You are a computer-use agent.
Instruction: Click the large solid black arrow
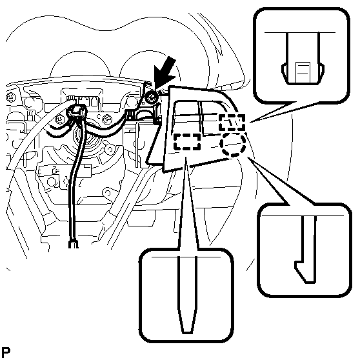pyautogui.click(x=165, y=73)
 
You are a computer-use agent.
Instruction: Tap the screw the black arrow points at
pyautogui.click(x=151, y=97)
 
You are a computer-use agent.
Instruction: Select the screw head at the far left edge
pyautogui.click(x=10, y=97)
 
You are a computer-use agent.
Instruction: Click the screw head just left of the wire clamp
pyautogui.click(x=60, y=119)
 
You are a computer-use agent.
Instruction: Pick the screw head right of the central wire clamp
pyautogui.click(x=106, y=119)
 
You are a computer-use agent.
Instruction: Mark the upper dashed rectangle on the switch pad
pyautogui.click(x=232, y=123)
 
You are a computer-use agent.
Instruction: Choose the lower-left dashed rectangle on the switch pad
pyautogui.click(x=187, y=141)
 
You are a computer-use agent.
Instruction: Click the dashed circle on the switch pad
pyautogui.click(x=233, y=144)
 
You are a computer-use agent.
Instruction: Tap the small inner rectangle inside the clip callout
pyautogui.click(x=303, y=72)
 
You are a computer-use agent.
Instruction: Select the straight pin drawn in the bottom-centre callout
pyautogui.click(x=188, y=295)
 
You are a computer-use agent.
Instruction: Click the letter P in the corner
pyautogui.click(x=6, y=352)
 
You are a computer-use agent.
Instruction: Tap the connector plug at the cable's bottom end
pyautogui.click(x=74, y=244)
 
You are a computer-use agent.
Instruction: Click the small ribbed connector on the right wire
pyautogui.click(x=130, y=114)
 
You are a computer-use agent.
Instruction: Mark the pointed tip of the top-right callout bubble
pyautogui.click(x=250, y=123)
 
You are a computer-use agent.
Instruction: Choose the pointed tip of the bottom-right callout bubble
pyautogui.click(x=248, y=157)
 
